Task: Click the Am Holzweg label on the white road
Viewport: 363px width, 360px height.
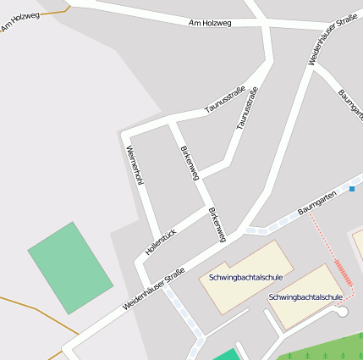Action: [210, 23]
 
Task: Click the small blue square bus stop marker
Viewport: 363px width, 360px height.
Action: [352, 188]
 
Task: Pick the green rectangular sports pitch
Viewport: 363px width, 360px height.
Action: [70, 268]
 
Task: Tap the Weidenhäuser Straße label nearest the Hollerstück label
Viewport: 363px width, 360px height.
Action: [153, 289]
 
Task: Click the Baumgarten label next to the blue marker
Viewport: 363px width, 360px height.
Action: [317, 202]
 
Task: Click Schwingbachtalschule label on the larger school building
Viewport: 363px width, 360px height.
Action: [245, 277]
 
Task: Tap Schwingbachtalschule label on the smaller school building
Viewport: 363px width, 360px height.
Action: [305, 297]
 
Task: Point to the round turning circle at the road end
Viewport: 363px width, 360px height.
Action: [342, 313]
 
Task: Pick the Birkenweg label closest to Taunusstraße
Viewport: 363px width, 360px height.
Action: [190, 162]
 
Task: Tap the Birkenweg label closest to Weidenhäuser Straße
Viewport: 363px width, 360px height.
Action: [217, 224]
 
